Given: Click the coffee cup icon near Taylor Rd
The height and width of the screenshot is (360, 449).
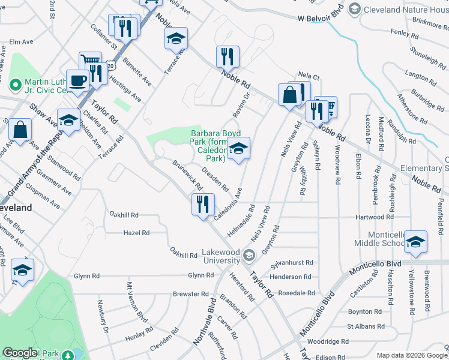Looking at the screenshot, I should pos(78,80).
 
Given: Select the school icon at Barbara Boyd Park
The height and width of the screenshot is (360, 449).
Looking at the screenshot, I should pos(239,150).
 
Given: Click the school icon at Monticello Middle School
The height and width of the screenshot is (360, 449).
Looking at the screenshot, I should pos(415,241).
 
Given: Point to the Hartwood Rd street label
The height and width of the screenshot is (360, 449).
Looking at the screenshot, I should pos(374,217).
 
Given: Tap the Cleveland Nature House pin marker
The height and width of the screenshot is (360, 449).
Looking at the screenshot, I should pos(354,8).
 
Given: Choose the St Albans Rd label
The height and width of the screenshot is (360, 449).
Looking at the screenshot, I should pos(366,326).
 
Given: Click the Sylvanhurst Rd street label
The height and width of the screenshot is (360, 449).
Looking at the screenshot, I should pos(292,263).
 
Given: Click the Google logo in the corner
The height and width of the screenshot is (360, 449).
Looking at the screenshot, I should pos(20,353).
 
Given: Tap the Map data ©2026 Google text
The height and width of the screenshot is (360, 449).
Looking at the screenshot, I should pos(411,355).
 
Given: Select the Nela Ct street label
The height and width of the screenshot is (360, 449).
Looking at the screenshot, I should pos(309,76).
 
